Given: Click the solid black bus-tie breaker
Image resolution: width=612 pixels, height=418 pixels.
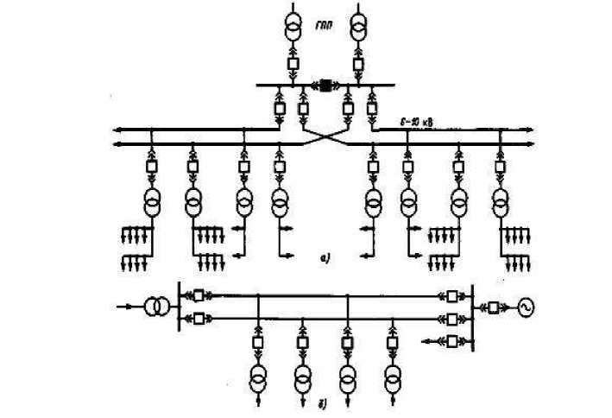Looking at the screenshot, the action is click(326, 85).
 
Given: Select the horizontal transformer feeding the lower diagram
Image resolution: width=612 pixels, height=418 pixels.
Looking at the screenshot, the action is click(155, 307).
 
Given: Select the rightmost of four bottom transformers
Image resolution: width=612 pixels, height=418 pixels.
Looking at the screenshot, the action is click(393, 377).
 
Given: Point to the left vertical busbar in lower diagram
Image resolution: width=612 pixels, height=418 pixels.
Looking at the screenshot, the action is click(177, 307).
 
